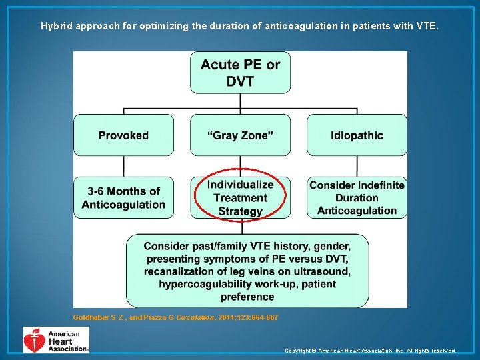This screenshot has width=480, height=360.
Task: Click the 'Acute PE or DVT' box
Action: (x=240, y=73)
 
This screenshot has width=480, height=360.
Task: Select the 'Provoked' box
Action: (x=123, y=135)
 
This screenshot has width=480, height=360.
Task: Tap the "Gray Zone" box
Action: (x=240, y=135)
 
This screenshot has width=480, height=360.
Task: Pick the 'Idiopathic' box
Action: (x=357, y=135)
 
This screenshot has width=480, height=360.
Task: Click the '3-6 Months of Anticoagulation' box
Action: (x=123, y=198)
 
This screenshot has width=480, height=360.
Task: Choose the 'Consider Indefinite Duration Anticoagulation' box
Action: (x=357, y=198)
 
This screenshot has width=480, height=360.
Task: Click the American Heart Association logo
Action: (x=56, y=340)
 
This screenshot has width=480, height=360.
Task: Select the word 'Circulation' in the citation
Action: (x=196, y=317)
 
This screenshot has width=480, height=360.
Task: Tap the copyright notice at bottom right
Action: (x=370, y=351)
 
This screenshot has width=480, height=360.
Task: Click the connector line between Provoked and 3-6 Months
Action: (x=123, y=167)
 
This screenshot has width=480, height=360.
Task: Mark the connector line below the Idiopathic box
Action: (x=357, y=167)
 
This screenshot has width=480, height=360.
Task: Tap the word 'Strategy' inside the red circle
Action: (x=240, y=211)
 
